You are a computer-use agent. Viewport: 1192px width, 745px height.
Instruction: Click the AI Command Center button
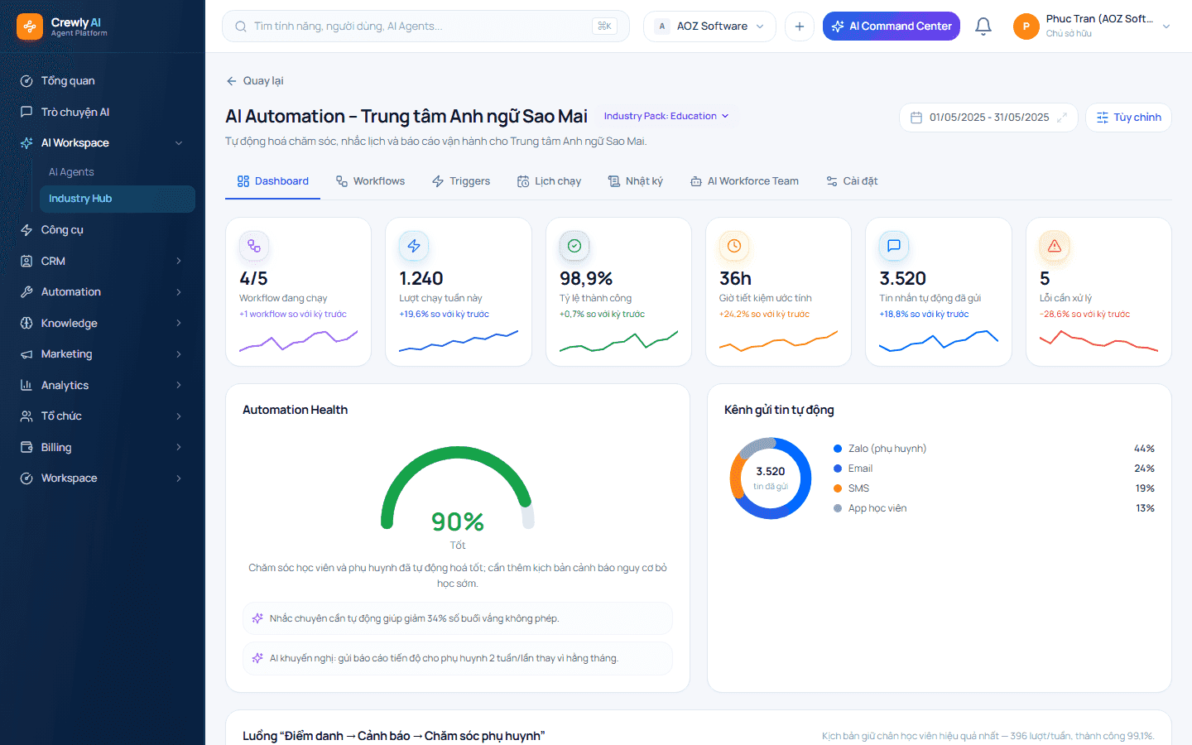pyautogui.click(x=891, y=26)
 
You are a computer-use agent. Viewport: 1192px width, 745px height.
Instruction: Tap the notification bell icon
pyautogui.click(x=983, y=26)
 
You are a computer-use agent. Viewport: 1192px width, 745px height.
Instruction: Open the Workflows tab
pyautogui.click(x=370, y=181)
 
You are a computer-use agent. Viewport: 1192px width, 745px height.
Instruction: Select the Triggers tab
pyautogui.click(x=461, y=181)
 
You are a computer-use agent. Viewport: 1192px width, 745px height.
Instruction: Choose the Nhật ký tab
pyautogui.click(x=636, y=181)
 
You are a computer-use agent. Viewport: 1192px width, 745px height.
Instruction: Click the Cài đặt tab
pyautogui.click(x=852, y=181)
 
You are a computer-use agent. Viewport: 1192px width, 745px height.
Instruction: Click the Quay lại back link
pyautogui.click(x=255, y=81)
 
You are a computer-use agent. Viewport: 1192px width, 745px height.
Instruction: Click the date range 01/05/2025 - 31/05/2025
pyautogui.click(x=988, y=117)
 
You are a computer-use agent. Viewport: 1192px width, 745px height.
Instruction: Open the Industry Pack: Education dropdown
pyautogui.click(x=666, y=116)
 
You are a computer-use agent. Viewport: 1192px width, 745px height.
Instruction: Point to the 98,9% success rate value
pyautogui.click(x=586, y=278)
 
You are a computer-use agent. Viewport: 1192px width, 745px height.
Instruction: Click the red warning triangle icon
pyautogui.click(x=1055, y=246)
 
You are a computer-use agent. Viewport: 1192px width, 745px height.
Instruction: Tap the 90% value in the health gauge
pyautogui.click(x=458, y=521)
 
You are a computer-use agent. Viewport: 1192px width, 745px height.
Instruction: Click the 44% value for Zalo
pyautogui.click(x=1144, y=449)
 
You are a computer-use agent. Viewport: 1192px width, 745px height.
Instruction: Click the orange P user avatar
pyautogui.click(x=1026, y=26)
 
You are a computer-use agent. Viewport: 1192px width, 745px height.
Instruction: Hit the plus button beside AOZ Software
pyautogui.click(x=800, y=26)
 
